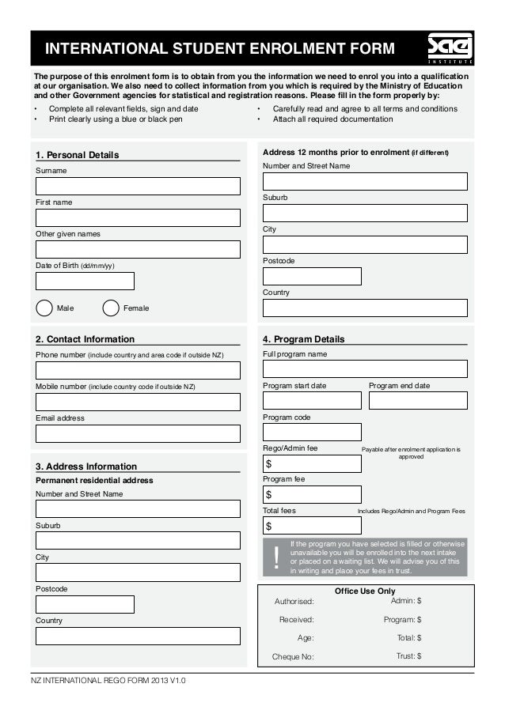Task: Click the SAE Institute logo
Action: (x=450, y=48)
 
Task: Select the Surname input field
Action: (x=138, y=186)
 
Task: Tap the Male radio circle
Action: (x=44, y=308)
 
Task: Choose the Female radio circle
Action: (x=112, y=308)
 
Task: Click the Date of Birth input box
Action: (x=85, y=281)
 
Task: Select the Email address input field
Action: (x=138, y=433)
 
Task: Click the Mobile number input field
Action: (x=138, y=402)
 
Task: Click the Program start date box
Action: (x=312, y=400)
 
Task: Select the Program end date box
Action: (x=418, y=400)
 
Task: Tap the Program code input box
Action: (x=312, y=432)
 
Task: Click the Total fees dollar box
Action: (x=312, y=525)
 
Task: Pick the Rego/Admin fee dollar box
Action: (x=312, y=463)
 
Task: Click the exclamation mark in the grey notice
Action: (x=276, y=557)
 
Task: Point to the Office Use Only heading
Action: (x=365, y=591)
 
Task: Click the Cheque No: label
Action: (x=293, y=656)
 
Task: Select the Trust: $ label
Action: (x=408, y=655)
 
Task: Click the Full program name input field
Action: (x=365, y=368)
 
